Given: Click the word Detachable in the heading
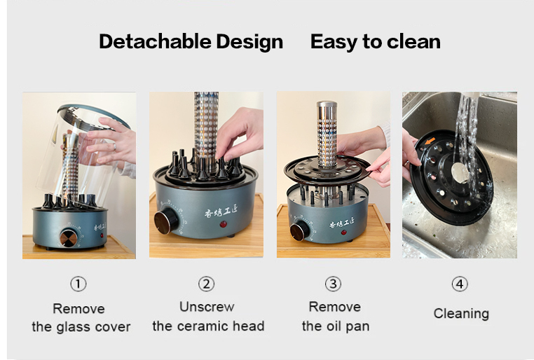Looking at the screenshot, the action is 155,41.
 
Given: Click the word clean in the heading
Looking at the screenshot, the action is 413,41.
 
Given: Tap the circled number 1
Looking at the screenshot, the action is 78,284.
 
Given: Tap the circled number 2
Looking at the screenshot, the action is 206,284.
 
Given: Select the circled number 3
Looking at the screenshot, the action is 333,284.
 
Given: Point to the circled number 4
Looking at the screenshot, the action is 460,284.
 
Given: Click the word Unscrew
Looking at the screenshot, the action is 207,307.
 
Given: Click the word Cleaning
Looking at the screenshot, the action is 461,314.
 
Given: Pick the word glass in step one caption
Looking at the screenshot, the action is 74,327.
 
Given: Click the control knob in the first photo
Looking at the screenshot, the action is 69,238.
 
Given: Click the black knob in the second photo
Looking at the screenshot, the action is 166,223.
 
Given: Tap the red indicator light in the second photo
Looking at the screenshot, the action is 224,224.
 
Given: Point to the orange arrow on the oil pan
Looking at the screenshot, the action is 430,141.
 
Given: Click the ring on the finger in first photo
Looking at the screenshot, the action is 115,146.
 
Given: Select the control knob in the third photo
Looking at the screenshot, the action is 299,230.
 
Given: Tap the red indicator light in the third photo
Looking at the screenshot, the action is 344,233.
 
